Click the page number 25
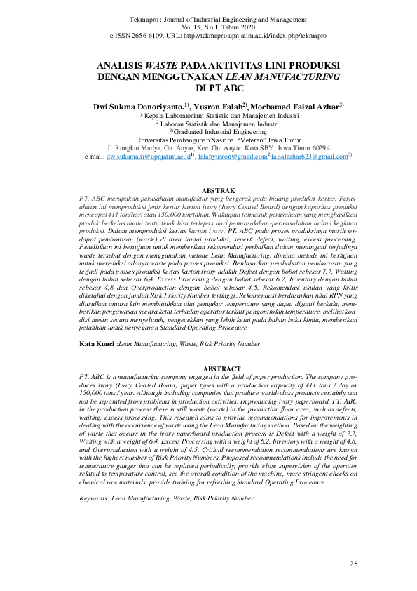tap(353, 564)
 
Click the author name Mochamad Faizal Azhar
tap(296, 106)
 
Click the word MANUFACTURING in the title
tap(296, 77)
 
